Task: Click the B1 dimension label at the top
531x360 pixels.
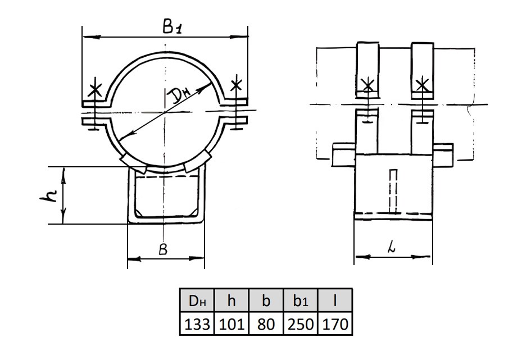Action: [173, 26]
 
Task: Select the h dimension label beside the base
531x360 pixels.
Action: [48, 195]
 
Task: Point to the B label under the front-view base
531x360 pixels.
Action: [163, 249]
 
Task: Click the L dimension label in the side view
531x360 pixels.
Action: [392, 248]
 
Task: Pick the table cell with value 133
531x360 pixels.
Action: [197, 323]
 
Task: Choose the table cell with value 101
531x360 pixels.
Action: [232, 323]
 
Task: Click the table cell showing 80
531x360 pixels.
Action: [266, 323]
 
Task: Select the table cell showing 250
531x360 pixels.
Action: [301, 323]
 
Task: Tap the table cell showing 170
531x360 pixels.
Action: [334, 323]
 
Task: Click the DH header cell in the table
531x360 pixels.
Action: [197, 300]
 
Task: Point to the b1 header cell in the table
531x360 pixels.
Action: [301, 300]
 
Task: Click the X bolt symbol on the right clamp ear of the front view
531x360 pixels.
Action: [236, 85]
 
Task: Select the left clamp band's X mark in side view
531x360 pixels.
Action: [367, 85]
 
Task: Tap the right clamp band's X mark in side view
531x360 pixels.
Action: [422, 85]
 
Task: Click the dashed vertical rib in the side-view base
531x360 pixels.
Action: [393, 191]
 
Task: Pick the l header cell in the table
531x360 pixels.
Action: [334, 300]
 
